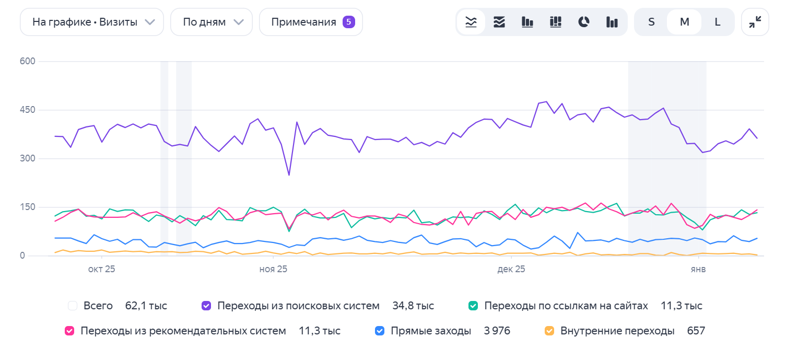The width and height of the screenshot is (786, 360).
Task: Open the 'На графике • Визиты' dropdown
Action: pos(92,22)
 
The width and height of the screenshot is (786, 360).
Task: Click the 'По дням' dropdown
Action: pos(212,22)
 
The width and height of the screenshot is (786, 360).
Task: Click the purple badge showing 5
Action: pos(349,22)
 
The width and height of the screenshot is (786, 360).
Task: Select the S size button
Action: pos(651,22)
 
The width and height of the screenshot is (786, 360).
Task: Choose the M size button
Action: pos(684,22)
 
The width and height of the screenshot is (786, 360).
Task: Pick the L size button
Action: pos(718,22)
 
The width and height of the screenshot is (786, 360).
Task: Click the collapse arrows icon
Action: pos(755,22)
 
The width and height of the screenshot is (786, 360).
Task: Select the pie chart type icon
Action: pos(584,22)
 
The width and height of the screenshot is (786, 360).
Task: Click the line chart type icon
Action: pos(471,22)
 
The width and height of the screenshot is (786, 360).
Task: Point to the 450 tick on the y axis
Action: pos(27,110)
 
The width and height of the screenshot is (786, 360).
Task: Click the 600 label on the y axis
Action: pos(27,62)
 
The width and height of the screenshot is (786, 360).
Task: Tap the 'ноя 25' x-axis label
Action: pos(273,270)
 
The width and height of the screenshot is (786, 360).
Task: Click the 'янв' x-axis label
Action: pos(698,270)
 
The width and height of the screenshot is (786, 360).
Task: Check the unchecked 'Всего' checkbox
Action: pos(73,306)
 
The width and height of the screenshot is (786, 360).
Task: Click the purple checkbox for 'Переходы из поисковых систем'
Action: pos(206,306)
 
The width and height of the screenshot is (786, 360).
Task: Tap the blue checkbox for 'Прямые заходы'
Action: pos(380,331)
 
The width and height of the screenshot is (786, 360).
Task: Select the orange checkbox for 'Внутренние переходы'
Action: pos(549,331)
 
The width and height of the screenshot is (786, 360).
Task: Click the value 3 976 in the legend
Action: pos(497,331)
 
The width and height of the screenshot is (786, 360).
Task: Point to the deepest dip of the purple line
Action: pos(289,175)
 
